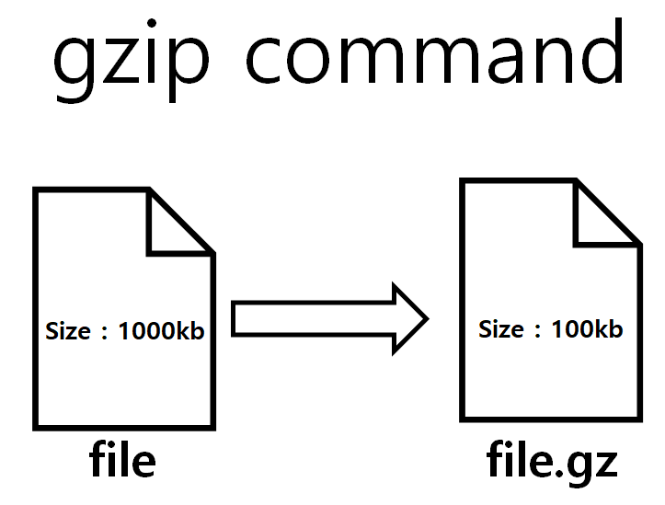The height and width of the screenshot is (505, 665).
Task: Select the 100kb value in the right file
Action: tap(587, 329)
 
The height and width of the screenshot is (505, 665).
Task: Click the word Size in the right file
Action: tap(500, 329)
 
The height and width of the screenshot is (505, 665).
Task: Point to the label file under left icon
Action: tap(122, 461)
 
